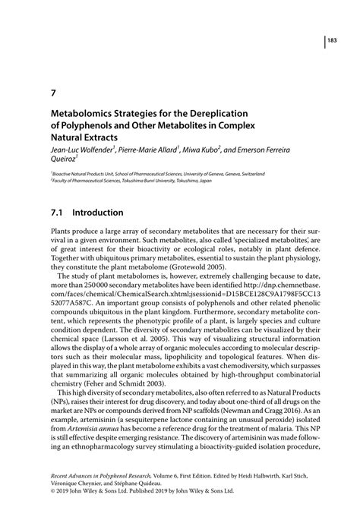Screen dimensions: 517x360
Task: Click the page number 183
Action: click(x=333, y=41)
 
